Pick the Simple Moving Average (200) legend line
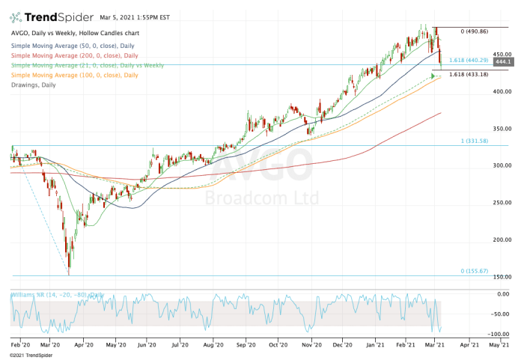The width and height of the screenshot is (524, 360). pos(76,56)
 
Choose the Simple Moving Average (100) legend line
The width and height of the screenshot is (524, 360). pos(76,76)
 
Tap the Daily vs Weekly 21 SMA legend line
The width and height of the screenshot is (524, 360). pos(87,66)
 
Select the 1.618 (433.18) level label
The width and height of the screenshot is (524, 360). pos(469,74)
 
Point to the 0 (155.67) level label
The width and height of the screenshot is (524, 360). pos(474,270)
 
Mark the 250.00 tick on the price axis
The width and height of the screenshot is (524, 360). pos(502,203)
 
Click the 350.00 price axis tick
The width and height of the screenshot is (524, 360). pos(502,129)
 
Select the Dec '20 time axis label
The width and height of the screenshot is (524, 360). pos(344,347)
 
